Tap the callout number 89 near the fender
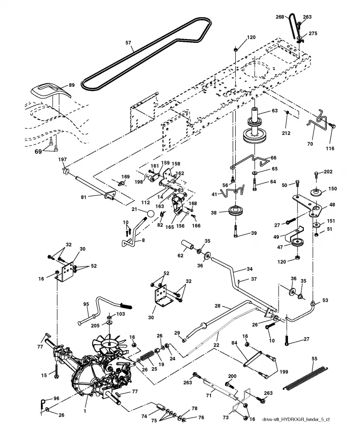tap(72, 85)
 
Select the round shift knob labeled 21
tap(150, 214)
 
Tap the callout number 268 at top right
tap(279, 17)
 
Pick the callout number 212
tap(286, 133)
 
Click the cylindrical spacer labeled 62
tap(189, 246)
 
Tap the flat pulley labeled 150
tap(317, 193)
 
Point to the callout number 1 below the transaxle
tap(85, 411)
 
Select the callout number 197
tap(63, 159)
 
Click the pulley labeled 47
tap(297, 242)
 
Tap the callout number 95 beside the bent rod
tap(86, 304)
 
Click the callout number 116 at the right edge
tap(330, 148)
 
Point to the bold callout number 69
tap(38, 152)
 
